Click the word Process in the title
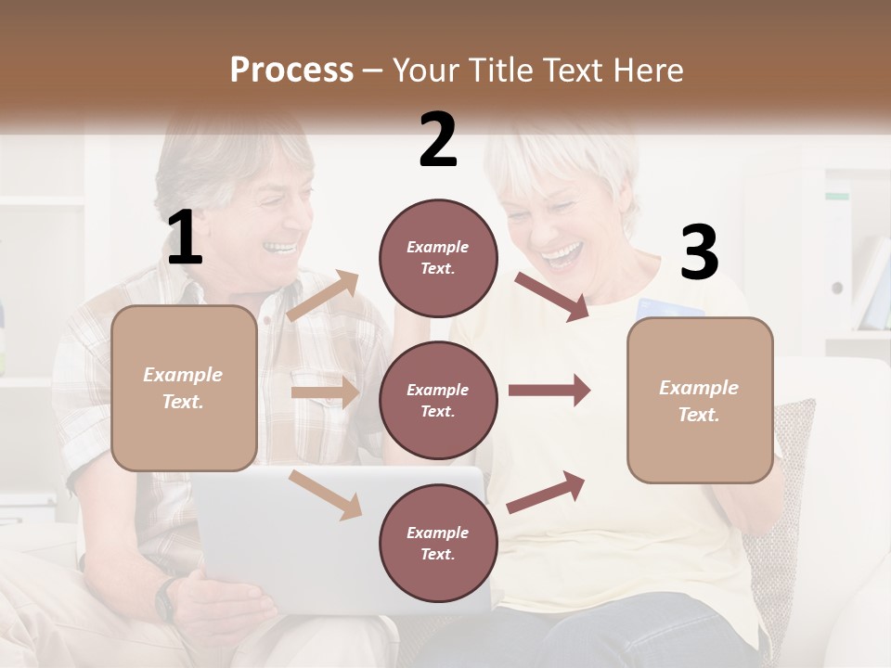291,70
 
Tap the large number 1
185,238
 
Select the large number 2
438,140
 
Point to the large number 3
699,253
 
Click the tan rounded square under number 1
184,388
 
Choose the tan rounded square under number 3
700,400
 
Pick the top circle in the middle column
438,258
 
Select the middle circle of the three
438,400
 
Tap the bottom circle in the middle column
438,543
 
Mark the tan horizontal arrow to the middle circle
325,392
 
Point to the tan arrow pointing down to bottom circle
325,494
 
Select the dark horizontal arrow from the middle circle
549,391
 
